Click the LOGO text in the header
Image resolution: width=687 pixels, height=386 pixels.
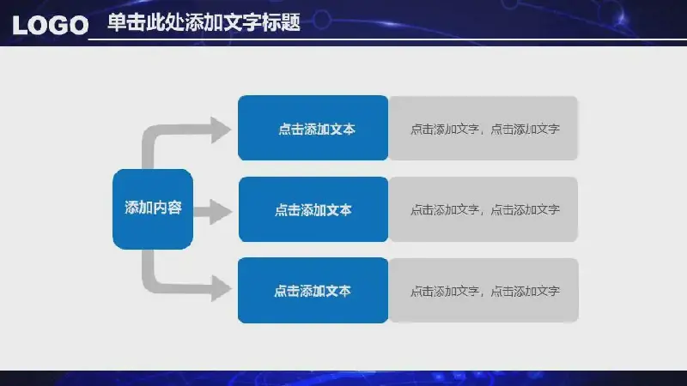click(x=51, y=25)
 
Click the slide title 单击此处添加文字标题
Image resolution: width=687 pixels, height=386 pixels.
click(x=204, y=22)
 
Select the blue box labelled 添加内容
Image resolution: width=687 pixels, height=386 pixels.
click(x=153, y=209)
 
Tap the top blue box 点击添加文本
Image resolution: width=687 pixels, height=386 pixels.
click(x=313, y=128)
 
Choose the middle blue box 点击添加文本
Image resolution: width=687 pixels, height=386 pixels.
click(x=313, y=209)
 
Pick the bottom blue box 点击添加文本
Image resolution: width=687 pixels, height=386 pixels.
click(x=313, y=290)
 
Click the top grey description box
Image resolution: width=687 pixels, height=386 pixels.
click(x=483, y=128)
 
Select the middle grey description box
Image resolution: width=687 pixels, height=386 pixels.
click(x=483, y=209)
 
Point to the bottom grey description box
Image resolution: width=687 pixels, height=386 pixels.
click(x=483, y=290)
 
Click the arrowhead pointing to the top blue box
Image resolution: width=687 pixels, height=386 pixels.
click(x=221, y=130)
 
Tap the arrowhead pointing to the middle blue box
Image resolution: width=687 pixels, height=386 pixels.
click(x=221, y=212)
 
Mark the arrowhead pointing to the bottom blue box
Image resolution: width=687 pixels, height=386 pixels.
click(x=221, y=288)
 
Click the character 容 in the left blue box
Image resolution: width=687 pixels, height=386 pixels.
click(x=174, y=208)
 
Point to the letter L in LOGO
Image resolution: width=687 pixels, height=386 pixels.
click(x=20, y=26)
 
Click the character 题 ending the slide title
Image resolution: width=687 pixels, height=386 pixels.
click(x=290, y=22)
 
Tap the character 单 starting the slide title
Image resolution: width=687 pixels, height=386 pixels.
click(x=117, y=22)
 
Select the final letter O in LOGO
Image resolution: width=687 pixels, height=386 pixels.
click(x=79, y=26)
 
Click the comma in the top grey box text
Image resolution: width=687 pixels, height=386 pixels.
click(x=483, y=132)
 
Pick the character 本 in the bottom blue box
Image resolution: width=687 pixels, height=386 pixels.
click(x=344, y=291)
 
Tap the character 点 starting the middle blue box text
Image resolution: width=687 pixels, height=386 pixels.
click(x=282, y=210)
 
